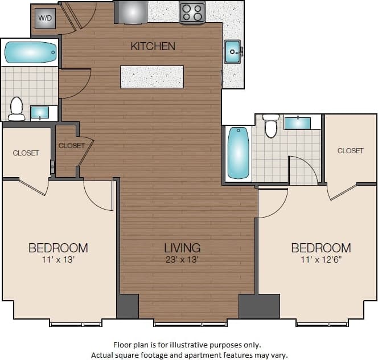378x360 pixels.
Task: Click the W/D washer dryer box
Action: [44, 18]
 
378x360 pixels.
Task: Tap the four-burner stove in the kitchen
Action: [192, 13]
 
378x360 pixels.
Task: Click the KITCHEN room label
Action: [153, 46]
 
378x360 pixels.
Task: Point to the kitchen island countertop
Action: [152, 77]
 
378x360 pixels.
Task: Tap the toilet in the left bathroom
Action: [17, 108]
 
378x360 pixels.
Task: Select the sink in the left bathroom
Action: [40, 112]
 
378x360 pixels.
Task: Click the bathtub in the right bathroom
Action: [239, 153]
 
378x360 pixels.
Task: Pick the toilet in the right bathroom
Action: [271, 126]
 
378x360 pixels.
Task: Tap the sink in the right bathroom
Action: [297, 123]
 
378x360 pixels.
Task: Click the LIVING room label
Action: [182, 248]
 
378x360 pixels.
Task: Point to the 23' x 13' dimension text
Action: [182, 260]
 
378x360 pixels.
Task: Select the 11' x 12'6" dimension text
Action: [321, 260]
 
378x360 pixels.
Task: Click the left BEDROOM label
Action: [58, 248]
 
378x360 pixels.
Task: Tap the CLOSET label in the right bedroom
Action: [350, 151]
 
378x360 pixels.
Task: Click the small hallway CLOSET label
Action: [71, 146]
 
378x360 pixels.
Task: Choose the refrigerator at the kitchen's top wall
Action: [131, 11]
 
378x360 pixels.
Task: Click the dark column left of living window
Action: [128, 306]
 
